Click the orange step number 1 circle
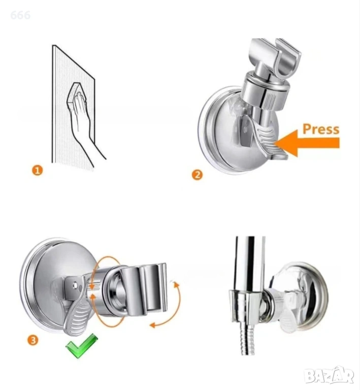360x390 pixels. point(37,171)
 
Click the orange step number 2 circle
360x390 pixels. point(197,175)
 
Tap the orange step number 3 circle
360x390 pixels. point(33,340)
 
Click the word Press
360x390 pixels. point(321,129)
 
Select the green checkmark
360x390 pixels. point(82,346)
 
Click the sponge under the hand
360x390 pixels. point(78,96)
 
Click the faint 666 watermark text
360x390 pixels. point(20,15)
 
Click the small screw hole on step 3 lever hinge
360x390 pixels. point(75,285)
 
